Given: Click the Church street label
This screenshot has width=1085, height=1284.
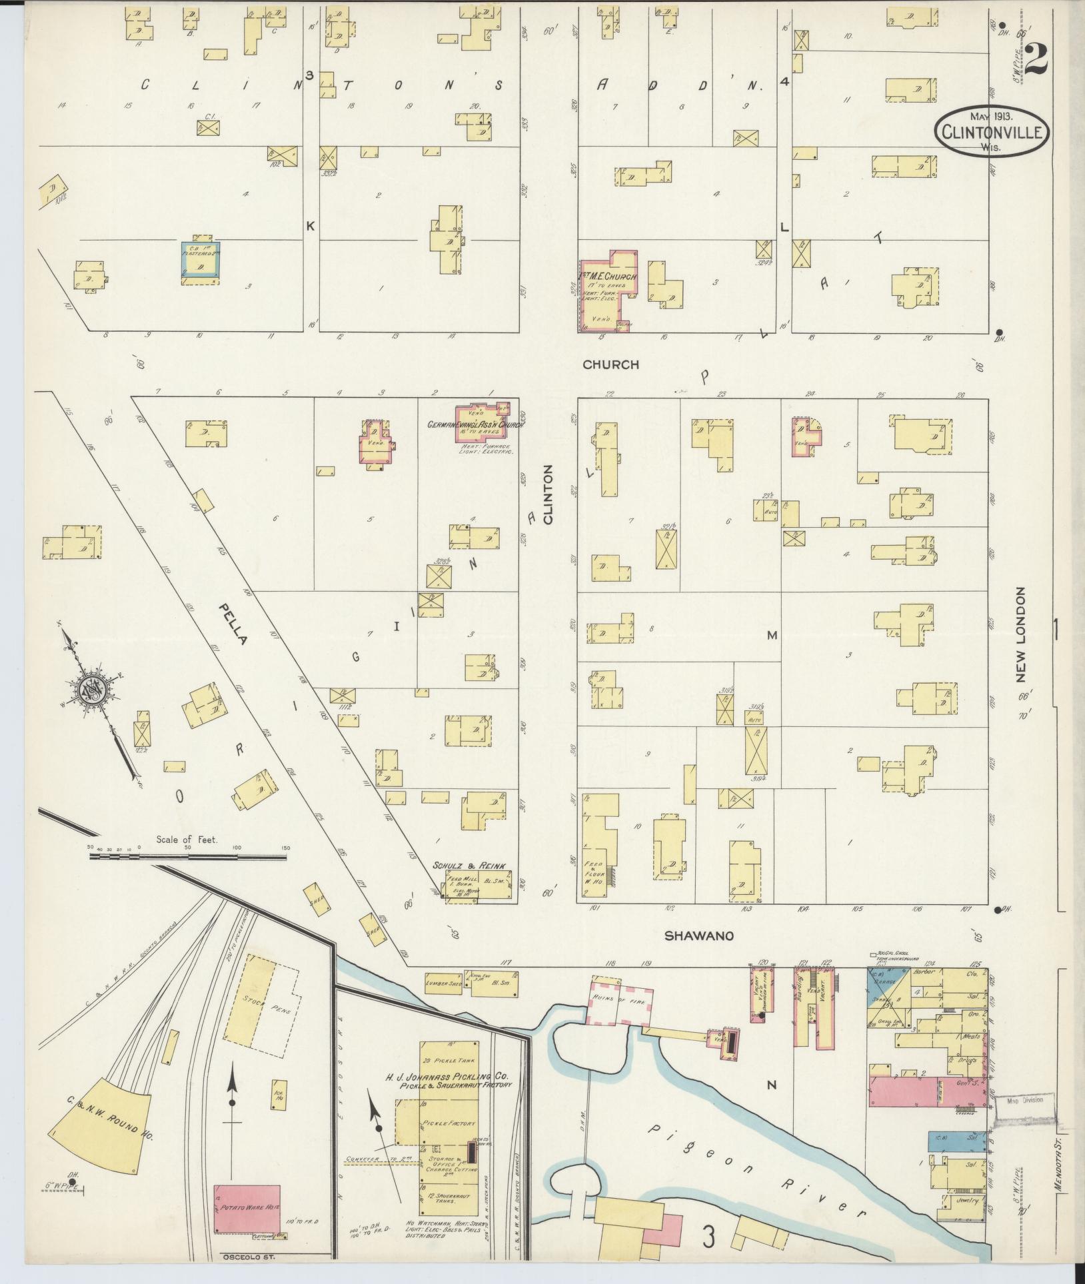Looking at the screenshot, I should (610, 364).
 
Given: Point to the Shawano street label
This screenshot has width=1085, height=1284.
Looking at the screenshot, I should (699, 936).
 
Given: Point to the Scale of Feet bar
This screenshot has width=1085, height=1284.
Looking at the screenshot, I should (188, 857).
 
